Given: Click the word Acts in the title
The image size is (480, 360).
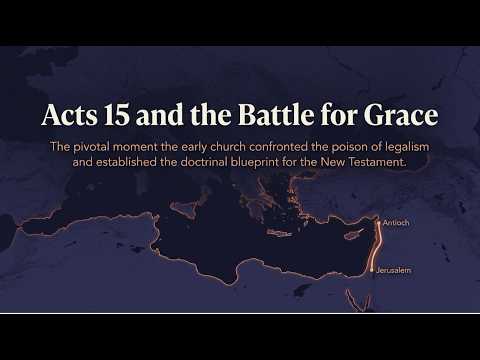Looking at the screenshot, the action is point(70,115).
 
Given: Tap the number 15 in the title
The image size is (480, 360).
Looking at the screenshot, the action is point(116,115).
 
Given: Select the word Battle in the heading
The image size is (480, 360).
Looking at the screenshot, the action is point(276,115).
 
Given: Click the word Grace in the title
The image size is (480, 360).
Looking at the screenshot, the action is point(400,115).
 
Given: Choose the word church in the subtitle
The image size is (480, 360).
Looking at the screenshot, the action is point(228,147).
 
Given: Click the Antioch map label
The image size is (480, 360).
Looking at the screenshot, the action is point(396,223).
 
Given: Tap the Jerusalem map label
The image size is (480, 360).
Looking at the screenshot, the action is point(394,270).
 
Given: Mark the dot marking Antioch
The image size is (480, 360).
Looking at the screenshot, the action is point(379,221).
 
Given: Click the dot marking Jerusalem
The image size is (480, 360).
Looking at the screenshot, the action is point(372,270).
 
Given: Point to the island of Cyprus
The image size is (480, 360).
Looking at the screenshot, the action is point(354,235).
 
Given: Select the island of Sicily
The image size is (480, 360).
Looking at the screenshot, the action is point(183,208).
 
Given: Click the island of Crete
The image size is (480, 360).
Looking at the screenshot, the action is point(279,234).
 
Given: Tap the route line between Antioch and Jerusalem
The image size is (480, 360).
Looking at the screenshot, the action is point(378,246).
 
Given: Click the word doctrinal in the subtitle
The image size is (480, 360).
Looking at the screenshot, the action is point(204,162).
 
